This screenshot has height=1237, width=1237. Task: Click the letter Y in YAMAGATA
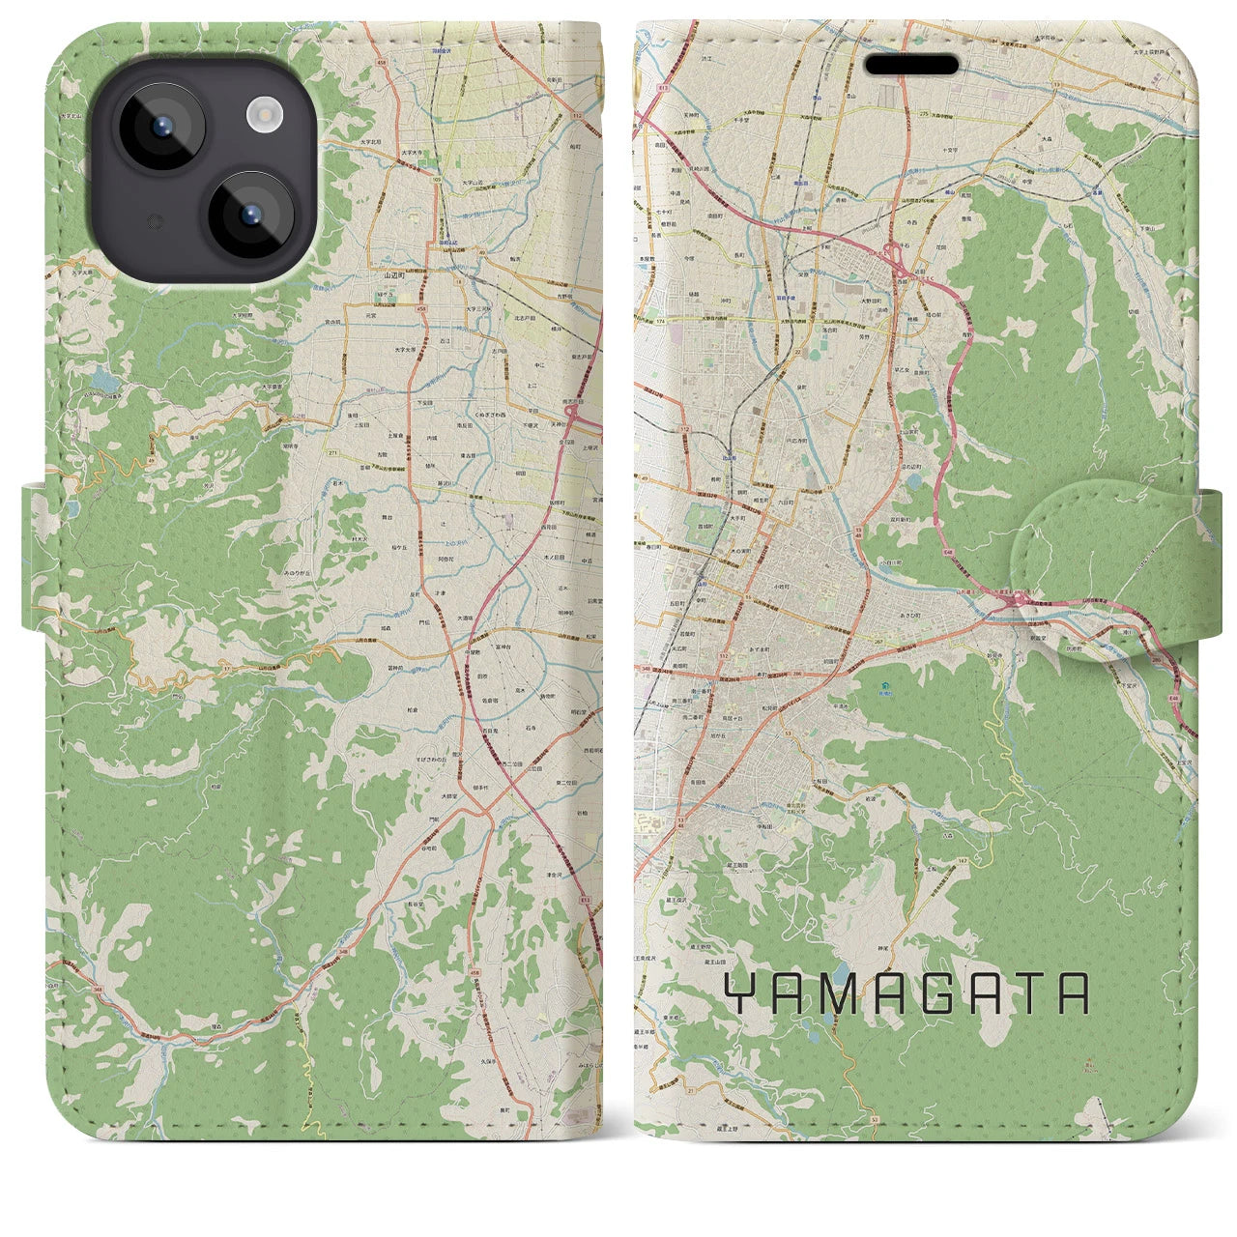pyautogui.click(x=737, y=992)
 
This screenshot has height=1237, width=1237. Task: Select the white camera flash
pyautogui.click(x=263, y=117)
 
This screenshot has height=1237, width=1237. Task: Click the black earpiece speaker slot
pyautogui.click(x=912, y=65)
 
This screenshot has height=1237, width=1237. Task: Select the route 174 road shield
pyautogui.click(x=661, y=320)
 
